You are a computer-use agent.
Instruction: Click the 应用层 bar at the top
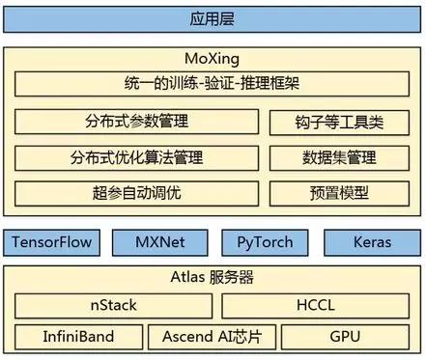212,19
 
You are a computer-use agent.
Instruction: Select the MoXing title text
212,59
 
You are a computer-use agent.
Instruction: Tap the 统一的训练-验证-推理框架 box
212,84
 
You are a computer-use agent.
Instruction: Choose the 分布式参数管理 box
136,122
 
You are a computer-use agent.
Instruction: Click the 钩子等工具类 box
339,123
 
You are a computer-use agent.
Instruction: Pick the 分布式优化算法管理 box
136,158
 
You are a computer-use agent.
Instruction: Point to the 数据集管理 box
339,158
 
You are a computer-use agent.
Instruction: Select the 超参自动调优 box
136,193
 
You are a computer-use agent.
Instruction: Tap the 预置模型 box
339,193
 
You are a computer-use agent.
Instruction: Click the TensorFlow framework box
51,242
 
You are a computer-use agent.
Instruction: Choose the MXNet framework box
160,242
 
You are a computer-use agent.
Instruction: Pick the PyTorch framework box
265,242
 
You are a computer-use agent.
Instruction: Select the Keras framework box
373,242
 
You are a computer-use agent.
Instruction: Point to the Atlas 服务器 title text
212,277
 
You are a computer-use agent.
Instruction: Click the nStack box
113,306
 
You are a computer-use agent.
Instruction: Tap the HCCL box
316,306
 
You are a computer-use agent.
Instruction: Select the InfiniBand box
78,337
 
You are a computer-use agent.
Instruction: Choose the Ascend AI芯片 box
212,337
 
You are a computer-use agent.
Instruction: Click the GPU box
345,337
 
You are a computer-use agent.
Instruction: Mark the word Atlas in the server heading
187,277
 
